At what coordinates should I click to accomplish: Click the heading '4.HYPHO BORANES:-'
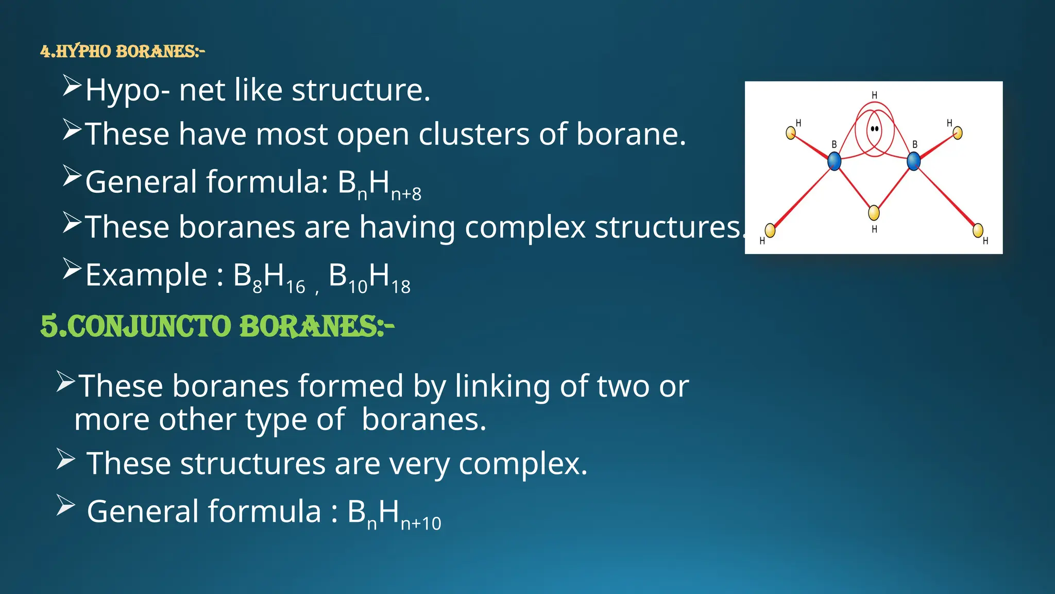pyautogui.click(x=123, y=52)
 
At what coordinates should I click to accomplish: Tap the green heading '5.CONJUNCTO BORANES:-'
pyautogui.click(x=217, y=326)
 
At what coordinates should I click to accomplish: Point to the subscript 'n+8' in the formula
pyautogui.click(x=406, y=194)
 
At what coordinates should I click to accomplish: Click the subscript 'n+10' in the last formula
pyautogui.click(x=421, y=524)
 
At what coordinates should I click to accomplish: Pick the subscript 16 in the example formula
pyautogui.click(x=296, y=287)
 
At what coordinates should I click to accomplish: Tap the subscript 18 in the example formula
pyautogui.click(x=401, y=287)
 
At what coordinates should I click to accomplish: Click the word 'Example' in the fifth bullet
pyautogui.click(x=146, y=275)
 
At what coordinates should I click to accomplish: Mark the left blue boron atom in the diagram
pyautogui.click(x=834, y=161)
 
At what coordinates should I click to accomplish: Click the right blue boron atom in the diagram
pyautogui.click(x=913, y=161)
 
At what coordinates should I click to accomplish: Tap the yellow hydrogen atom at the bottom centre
pyautogui.click(x=874, y=212)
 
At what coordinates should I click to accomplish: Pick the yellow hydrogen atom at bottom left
pyautogui.click(x=770, y=230)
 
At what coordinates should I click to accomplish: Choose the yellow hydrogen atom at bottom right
pyautogui.click(x=978, y=230)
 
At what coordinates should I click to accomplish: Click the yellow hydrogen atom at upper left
pyautogui.click(x=791, y=133)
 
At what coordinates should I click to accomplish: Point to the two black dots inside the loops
pyautogui.click(x=874, y=128)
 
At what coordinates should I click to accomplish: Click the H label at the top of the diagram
pyautogui.click(x=874, y=95)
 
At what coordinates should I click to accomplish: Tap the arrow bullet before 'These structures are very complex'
pyautogui.click(x=65, y=459)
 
